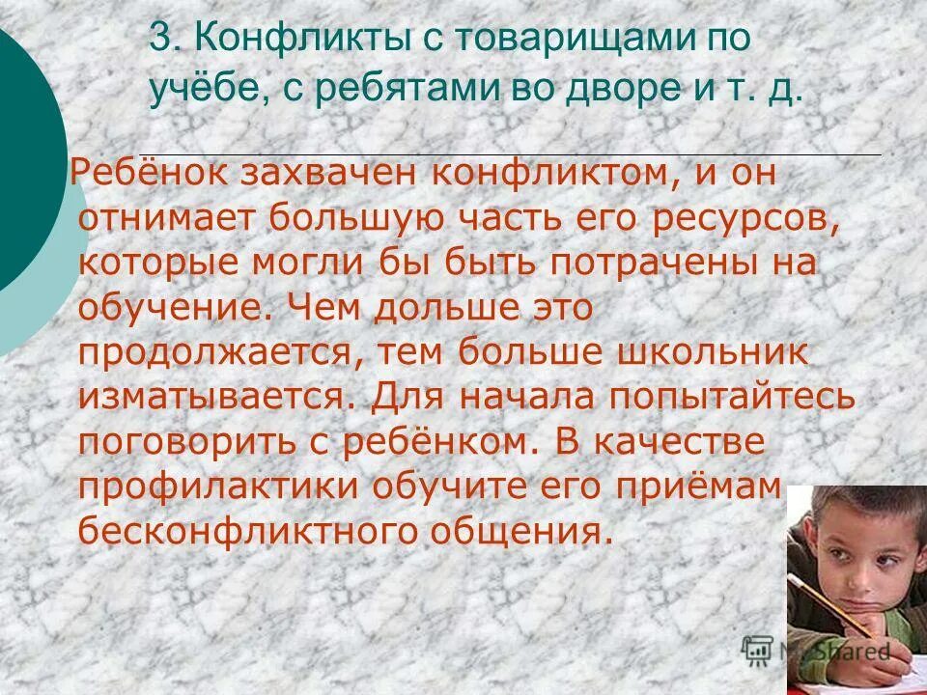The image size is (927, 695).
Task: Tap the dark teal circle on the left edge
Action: (24, 154)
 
